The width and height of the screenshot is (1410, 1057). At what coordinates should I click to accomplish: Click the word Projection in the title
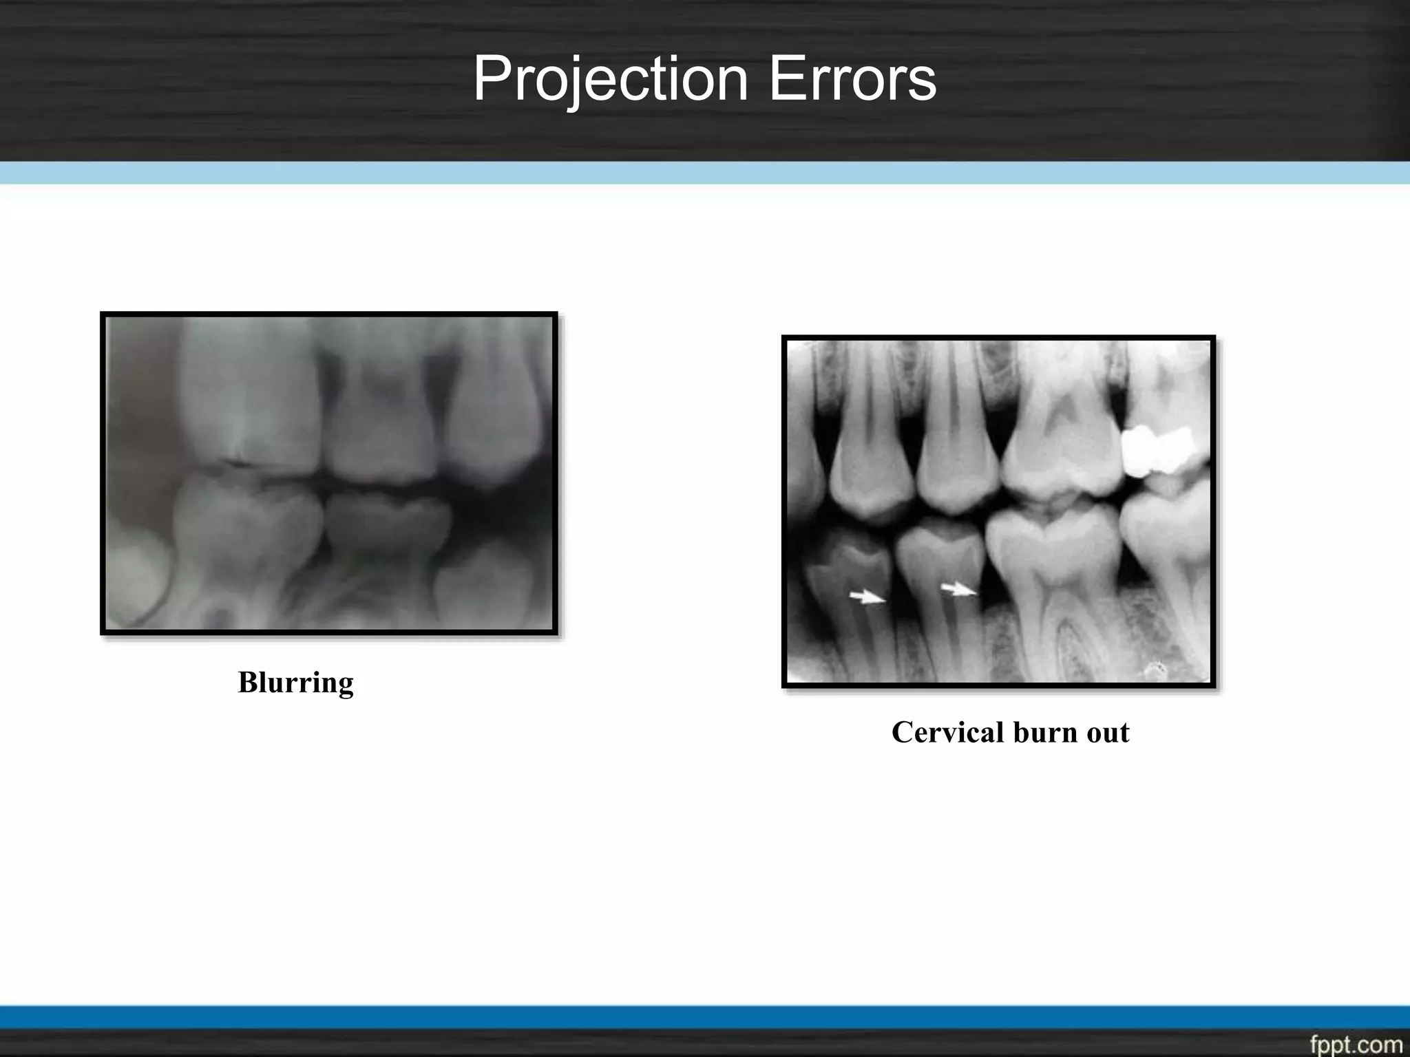coord(610,79)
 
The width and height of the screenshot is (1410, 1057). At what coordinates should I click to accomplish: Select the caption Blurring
coord(295,683)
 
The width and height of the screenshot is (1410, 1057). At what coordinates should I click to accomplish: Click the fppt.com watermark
coord(1356,1045)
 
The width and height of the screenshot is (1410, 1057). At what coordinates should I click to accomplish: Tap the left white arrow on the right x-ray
coord(867,597)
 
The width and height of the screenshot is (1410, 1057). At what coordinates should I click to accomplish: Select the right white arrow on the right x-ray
coord(958,590)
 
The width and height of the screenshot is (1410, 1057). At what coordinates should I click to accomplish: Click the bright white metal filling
coord(1156,451)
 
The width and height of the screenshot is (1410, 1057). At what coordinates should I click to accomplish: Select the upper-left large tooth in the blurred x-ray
coord(248,392)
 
